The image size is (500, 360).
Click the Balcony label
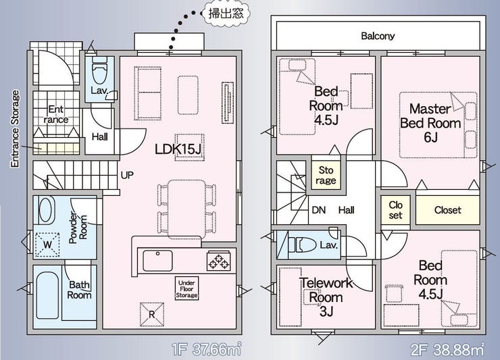(x=378, y=36)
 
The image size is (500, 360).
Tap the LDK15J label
(x=179, y=149)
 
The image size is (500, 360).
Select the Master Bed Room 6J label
(x=430, y=123)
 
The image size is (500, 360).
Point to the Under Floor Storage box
(x=187, y=288)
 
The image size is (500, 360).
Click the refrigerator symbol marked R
(x=151, y=313)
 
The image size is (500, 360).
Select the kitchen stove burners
(x=218, y=260)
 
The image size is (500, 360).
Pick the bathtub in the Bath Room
(x=47, y=295)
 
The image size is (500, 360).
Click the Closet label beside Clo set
(x=447, y=210)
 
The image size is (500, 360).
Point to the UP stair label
(x=126, y=176)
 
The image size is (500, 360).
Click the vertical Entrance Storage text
(x=15, y=128)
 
